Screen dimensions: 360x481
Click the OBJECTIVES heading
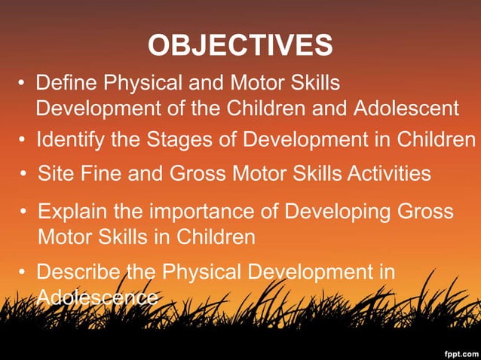[240, 45]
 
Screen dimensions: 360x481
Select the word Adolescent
[405, 109]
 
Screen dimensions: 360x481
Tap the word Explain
[72, 211]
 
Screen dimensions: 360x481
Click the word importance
[205, 211]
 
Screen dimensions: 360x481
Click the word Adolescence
[97, 297]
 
